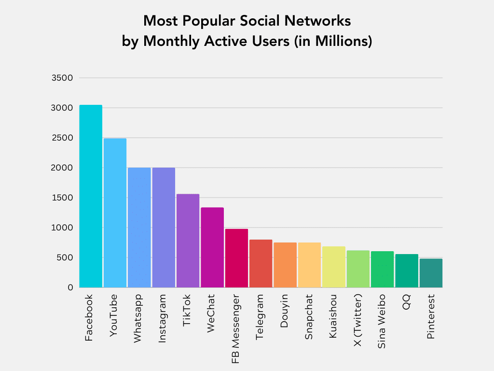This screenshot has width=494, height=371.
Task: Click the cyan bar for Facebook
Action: [x=91, y=196]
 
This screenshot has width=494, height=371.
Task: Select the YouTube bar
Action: [x=115, y=213]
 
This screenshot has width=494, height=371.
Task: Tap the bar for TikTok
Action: [x=188, y=241]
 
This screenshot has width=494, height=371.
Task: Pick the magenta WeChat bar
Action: [x=212, y=247]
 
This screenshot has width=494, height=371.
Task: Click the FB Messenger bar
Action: [x=236, y=258]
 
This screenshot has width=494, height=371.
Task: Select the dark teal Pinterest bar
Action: [x=431, y=273]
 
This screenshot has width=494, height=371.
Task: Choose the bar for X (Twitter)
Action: [x=358, y=269]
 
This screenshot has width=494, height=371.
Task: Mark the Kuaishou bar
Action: [x=334, y=267]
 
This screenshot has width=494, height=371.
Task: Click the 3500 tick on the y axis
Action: [x=62, y=78]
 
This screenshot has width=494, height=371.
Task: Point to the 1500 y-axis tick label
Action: [x=62, y=198]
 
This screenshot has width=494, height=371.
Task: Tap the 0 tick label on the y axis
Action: [x=70, y=287]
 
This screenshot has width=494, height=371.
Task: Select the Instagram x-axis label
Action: [x=163, y=317]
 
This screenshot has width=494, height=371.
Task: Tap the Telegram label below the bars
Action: [x=260, y=316]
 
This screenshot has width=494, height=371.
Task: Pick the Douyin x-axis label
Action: [x=284, y=310]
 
